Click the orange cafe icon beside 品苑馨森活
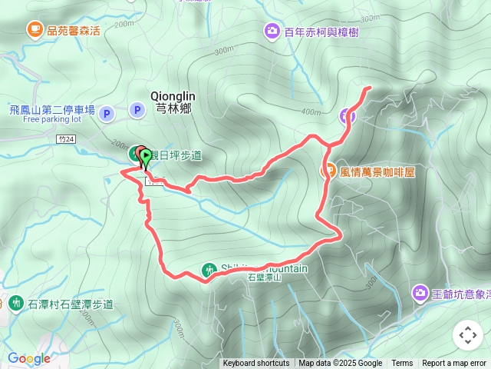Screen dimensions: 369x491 pos(35,30)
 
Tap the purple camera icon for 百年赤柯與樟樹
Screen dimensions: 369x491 pos(272,32)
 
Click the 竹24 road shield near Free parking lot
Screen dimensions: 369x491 pos(67,138)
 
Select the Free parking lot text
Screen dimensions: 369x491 pos(52,120)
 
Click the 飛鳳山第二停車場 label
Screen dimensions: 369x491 pos(52,110)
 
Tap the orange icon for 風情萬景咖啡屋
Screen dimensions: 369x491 pos(328,171)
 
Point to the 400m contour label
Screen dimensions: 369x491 pos(311,111)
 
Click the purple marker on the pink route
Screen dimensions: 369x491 pos(347,116)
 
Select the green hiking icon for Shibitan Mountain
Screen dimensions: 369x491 pos(208,269)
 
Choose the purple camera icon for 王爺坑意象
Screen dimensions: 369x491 pos(420,292)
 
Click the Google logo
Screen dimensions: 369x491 pos(28,358)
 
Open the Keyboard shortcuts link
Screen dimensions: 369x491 pos(256,364)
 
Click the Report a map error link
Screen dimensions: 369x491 pos(454,364)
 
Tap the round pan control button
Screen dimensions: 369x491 pos(468,335)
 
